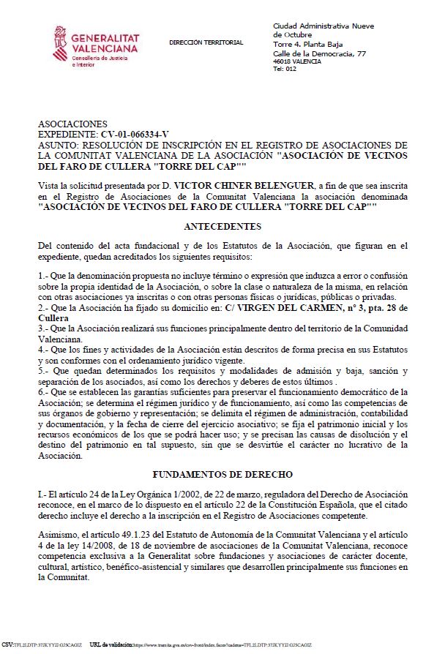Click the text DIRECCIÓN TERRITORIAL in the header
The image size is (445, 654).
tap(206, 43)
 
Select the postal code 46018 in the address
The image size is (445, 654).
tap(282, 61)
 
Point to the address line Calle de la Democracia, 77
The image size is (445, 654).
tap(318, 53)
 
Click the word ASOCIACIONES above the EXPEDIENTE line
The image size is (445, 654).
tap(72, 124)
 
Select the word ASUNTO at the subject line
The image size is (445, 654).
tap(57, 145)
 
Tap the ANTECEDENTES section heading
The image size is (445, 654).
tap(222, 227)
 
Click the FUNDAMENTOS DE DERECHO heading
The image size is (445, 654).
tap(222, 475)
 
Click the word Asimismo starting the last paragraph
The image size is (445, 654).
tap(59, 536)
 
